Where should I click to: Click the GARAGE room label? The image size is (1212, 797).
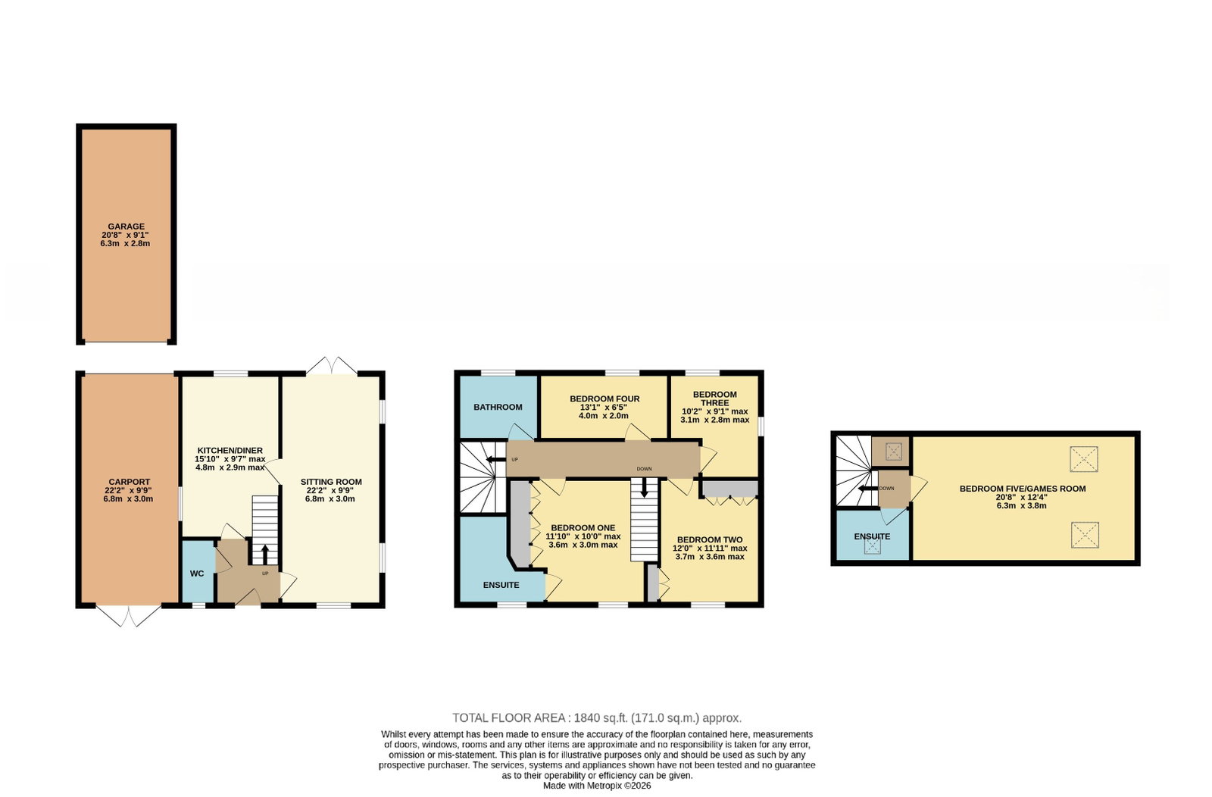[x=126, y=227]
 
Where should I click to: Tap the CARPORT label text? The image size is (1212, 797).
[x=130, y=482]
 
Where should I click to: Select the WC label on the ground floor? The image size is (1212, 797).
[x=197, y=574]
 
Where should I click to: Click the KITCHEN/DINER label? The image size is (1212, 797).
[x=230, y=451]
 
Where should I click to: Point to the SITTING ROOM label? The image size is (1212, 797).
[x=331, y=482]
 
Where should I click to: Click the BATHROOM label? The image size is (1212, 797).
[x=498, y=408]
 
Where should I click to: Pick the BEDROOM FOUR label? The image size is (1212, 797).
[x=604, y=398]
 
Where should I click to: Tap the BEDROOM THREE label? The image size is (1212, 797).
[x=715, y=398]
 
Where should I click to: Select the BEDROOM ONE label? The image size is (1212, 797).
[x=583, y=528]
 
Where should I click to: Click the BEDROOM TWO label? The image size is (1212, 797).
[x=710, y=540]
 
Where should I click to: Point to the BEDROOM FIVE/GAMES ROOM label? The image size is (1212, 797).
[x=1023, y=489]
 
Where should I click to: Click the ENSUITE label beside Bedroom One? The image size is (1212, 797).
[x=501, y=585]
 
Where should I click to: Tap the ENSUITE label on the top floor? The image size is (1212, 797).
[x=872, y=536]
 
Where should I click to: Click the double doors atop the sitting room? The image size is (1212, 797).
[x=331, y=366]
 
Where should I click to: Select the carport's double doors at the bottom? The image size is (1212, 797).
[x=128, y=615]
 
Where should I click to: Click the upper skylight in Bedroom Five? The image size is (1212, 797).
[x=1084, y=459]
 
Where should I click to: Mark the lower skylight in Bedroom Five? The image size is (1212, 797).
[x=1085, y=535]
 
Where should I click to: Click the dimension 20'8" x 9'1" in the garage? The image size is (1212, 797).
[x=125, y=236]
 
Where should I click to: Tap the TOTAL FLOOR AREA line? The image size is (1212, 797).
[x=597, y=718]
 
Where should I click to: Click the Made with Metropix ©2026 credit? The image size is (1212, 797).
[x=597, y=786]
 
